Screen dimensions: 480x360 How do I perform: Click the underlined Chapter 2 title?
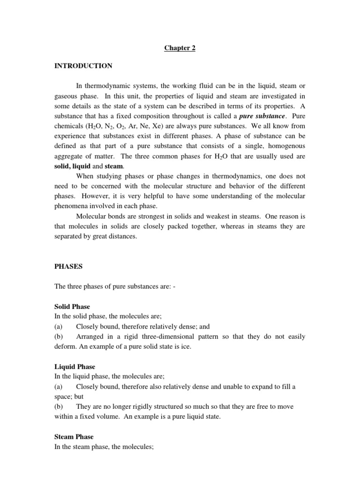[x=180, y=48]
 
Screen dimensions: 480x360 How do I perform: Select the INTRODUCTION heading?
[x=83, y=66]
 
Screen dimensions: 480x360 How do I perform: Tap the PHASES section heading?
[x=68, y=266]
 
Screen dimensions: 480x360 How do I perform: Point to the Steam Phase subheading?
[x=74, y=437]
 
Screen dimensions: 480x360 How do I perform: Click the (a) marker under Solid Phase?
[x=59, y=326]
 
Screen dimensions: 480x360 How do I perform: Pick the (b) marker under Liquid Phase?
[x=59, y=407]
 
